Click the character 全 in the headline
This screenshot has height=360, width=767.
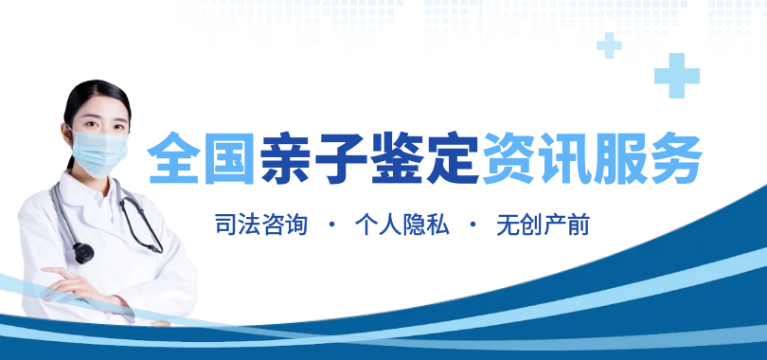(x=174, y=157)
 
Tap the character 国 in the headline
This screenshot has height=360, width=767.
(x=230, y=157)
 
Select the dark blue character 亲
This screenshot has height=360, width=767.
(x=285, y=157)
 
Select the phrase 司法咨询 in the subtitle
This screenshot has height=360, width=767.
(x=261, y=225)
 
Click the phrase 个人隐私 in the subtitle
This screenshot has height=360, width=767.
(x=401, y=225)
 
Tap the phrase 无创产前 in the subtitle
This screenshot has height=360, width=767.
(x=543, y=225)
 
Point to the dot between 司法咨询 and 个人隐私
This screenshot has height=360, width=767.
(x=332, y=225)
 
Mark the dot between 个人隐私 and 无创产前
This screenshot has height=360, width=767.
(x=473, y=225)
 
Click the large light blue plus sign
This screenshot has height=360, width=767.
(x=677, y=76)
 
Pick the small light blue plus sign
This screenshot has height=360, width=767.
(x=609, y=45)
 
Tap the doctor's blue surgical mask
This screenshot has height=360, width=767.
(x=99, y=152)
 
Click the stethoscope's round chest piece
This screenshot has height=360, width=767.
(x=83, y=252)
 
